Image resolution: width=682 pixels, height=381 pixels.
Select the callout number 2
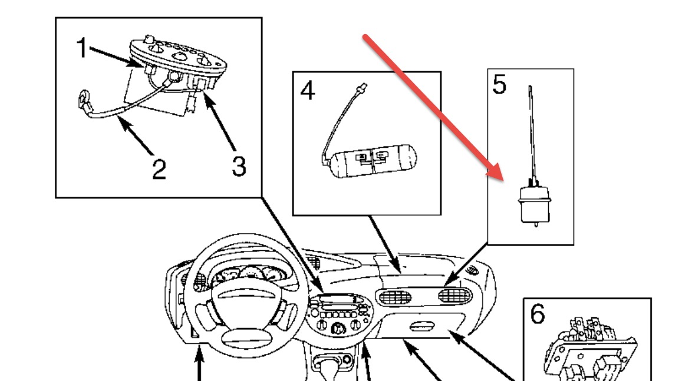(x=159, y=169)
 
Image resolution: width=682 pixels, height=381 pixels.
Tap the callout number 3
(x=238, y=167)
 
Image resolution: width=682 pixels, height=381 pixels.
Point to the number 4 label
(x=307, y=91)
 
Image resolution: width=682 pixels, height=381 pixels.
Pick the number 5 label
(x=499, y=85)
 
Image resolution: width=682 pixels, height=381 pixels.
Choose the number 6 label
(x=537, y=314)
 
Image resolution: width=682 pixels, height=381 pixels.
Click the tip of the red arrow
(x=502, y=178)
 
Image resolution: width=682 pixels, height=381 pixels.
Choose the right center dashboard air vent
(x=456, y=295)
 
